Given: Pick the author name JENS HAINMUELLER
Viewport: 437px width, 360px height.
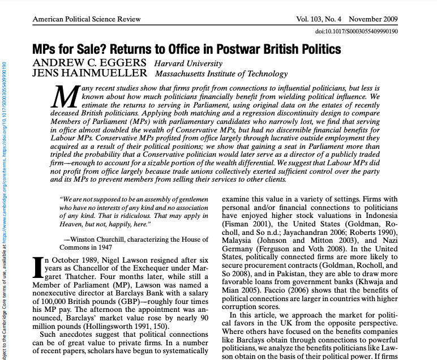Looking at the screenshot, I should tap(90, 74).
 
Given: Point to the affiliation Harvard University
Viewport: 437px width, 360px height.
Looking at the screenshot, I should tap(188, 63).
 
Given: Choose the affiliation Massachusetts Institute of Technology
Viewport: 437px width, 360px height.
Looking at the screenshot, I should tap(221, 74).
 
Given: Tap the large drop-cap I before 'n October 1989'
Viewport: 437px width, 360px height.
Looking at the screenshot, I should tap(38, 268).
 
